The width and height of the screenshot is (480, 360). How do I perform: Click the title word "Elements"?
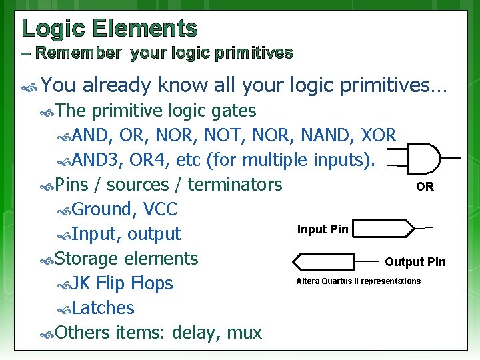coord(145,28)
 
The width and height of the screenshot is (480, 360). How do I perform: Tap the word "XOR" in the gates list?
coord(378,135)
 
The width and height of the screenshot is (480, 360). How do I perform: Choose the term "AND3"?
coord(101,160)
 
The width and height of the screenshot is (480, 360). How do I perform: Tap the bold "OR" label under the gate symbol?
coord(425,187)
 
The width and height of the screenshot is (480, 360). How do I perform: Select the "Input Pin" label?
coord(323,229)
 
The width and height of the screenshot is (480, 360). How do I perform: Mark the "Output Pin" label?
coord(415,262)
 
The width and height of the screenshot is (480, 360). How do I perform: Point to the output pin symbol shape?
coord(324,261)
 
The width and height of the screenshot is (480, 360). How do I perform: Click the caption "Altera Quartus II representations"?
coord(358,281)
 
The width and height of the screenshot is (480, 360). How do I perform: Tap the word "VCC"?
coord(160,209)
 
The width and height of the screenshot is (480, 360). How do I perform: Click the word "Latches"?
coord(103,308)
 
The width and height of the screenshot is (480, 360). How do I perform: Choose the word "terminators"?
coord(235,185)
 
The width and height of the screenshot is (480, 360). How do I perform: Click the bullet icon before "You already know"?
coord(30,86)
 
